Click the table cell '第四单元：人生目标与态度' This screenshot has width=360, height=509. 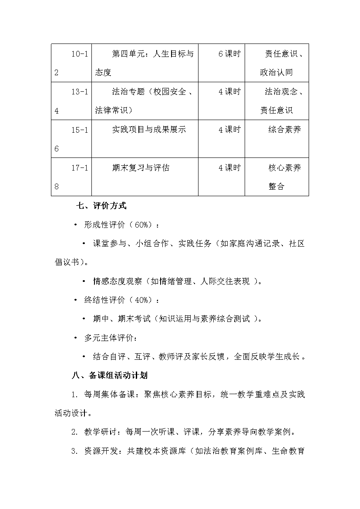point(145,63)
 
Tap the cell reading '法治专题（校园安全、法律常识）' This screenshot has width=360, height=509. point(145,100)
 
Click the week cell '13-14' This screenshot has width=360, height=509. point(71,100)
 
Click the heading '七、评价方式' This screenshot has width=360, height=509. point(101,206)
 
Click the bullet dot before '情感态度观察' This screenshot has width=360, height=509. point(84,281)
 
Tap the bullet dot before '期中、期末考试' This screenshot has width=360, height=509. point(84,319)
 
